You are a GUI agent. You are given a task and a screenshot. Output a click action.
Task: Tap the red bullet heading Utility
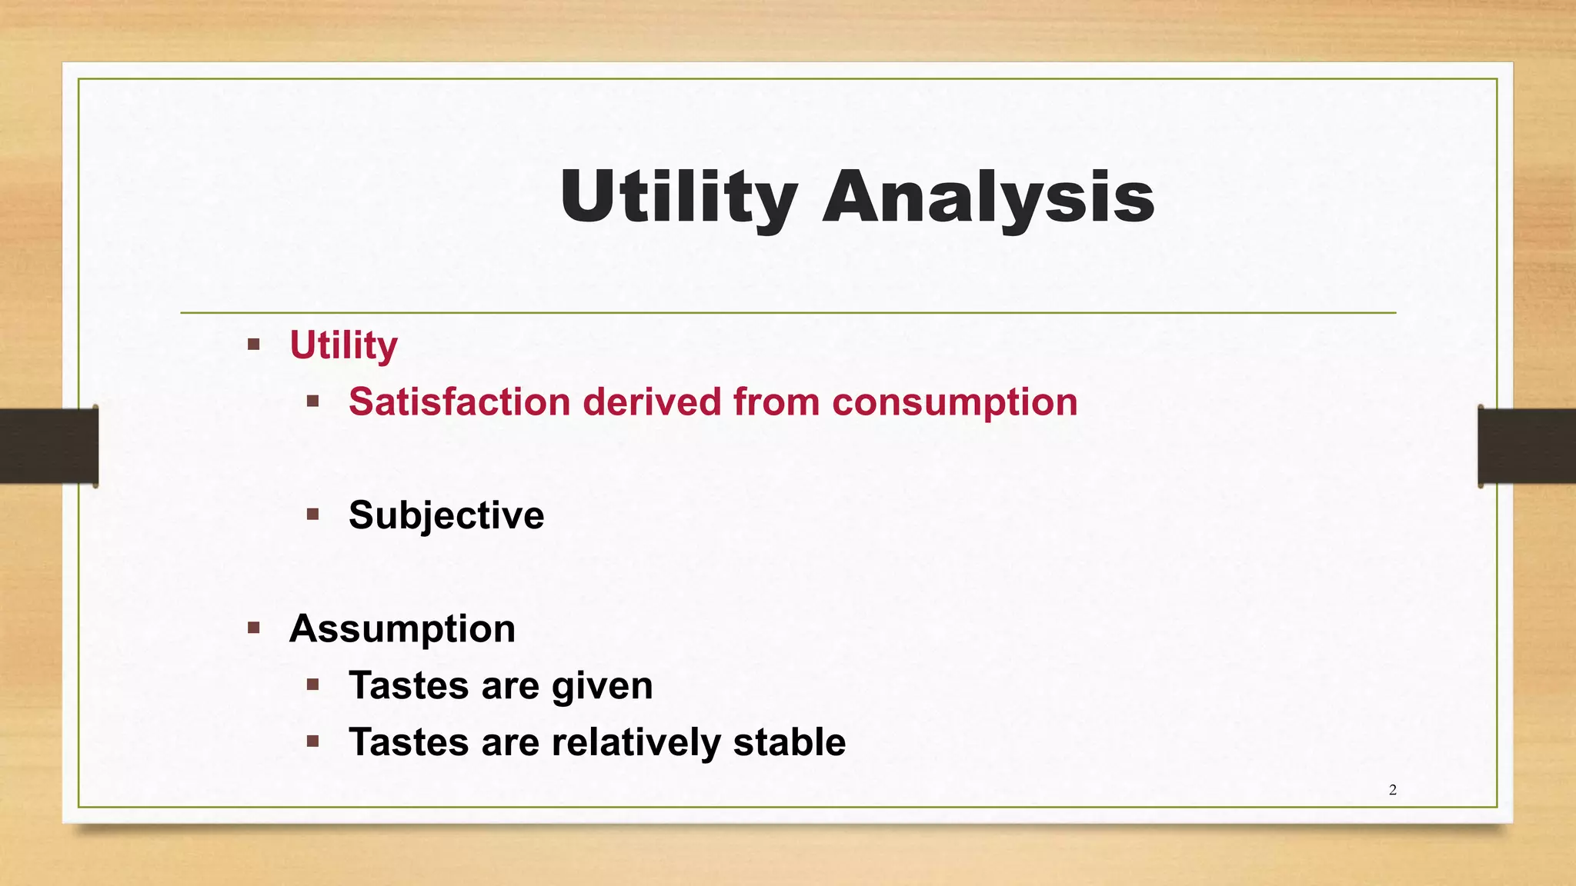(343, 345)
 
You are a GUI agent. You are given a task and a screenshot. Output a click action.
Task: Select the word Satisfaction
(459, 401)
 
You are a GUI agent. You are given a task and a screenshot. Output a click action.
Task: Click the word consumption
(954, 401)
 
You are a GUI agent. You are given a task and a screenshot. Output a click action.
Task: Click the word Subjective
(446, 515)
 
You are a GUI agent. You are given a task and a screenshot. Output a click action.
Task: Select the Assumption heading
(402, 628)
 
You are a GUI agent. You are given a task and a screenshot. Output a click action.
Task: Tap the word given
(602, 685)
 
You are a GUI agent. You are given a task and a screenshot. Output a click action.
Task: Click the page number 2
(1393, 790)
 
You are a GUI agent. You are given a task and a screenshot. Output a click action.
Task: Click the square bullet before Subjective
(312, 514)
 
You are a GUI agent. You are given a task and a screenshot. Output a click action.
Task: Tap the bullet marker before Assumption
(254, 628)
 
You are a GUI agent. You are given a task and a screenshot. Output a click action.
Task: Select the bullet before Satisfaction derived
(312, 401)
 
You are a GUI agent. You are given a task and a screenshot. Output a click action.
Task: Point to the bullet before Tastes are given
(312, 684)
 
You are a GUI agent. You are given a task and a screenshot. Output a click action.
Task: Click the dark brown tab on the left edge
(48, 446)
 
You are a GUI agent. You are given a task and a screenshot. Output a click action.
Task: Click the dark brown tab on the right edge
(1527, 446)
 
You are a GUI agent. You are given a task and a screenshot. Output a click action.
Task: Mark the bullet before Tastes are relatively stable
(312, 741)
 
